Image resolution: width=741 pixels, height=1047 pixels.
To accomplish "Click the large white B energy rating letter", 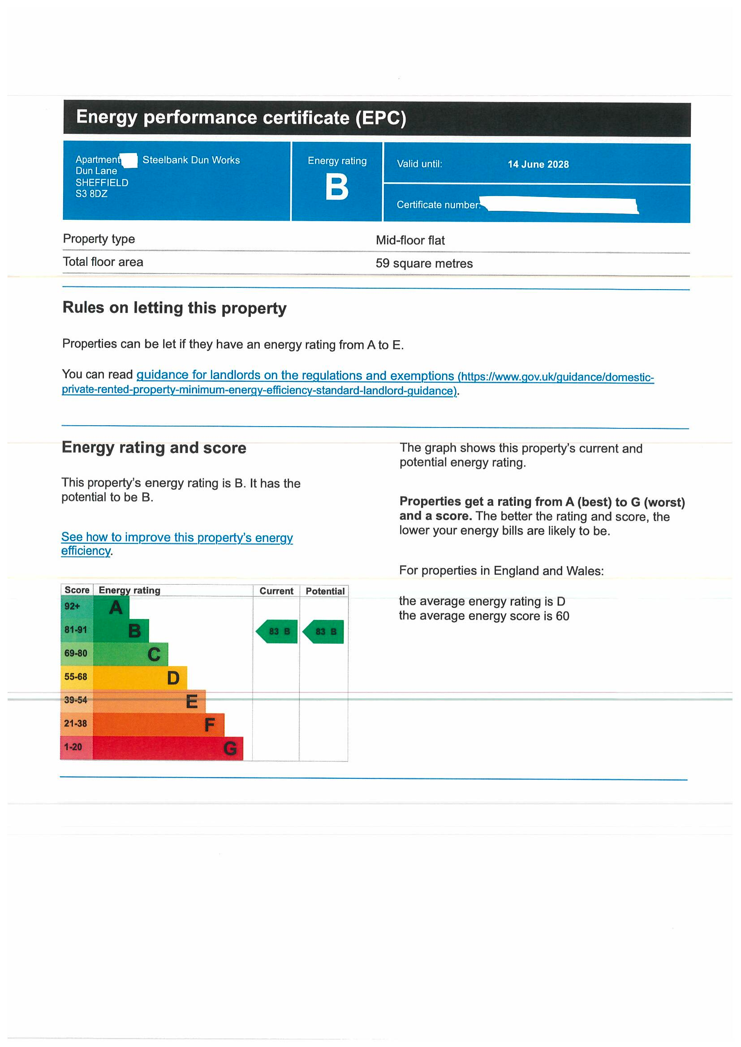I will (x=337, y=188).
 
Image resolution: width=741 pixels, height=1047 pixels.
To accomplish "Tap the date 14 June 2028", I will (x=538, y=165).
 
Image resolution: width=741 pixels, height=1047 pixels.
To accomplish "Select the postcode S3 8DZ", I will (x=92, y=194).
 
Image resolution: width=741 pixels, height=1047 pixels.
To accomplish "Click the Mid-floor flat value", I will (x=410, y=240).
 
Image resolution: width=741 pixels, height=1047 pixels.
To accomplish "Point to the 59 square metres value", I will (x=424, y=264).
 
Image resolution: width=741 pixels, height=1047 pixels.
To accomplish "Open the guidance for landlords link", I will (x=295, y=375).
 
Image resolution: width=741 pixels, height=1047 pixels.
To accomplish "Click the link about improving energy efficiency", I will (x=177, y=538).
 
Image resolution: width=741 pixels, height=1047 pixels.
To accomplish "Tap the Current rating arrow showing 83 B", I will (x=277, y=632).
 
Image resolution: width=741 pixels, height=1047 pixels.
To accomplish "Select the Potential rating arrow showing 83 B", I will (x=324, y=632).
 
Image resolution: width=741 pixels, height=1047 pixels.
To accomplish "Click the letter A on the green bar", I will (x=116, y=608).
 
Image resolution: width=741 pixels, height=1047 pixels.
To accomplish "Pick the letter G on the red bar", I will (x=230, y=748).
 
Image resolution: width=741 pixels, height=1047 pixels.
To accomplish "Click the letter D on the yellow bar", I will (x=173, y=678).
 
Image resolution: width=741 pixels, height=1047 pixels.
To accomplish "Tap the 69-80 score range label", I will (x=76, y=654).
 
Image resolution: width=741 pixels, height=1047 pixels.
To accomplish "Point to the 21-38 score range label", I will (x=75, y=724).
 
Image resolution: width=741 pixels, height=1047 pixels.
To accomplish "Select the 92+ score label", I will (x=72, y=607).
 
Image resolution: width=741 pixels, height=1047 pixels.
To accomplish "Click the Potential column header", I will (x=325, y=591).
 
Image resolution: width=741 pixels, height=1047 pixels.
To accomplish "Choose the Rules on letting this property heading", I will (x=174, y=308).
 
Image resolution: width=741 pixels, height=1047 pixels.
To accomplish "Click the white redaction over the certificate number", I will (x=560, y=205).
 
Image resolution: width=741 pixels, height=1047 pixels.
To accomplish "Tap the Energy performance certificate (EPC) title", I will (x=241, y=118).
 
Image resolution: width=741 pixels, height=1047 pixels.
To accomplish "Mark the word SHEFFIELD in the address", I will (x=102, y=183).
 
